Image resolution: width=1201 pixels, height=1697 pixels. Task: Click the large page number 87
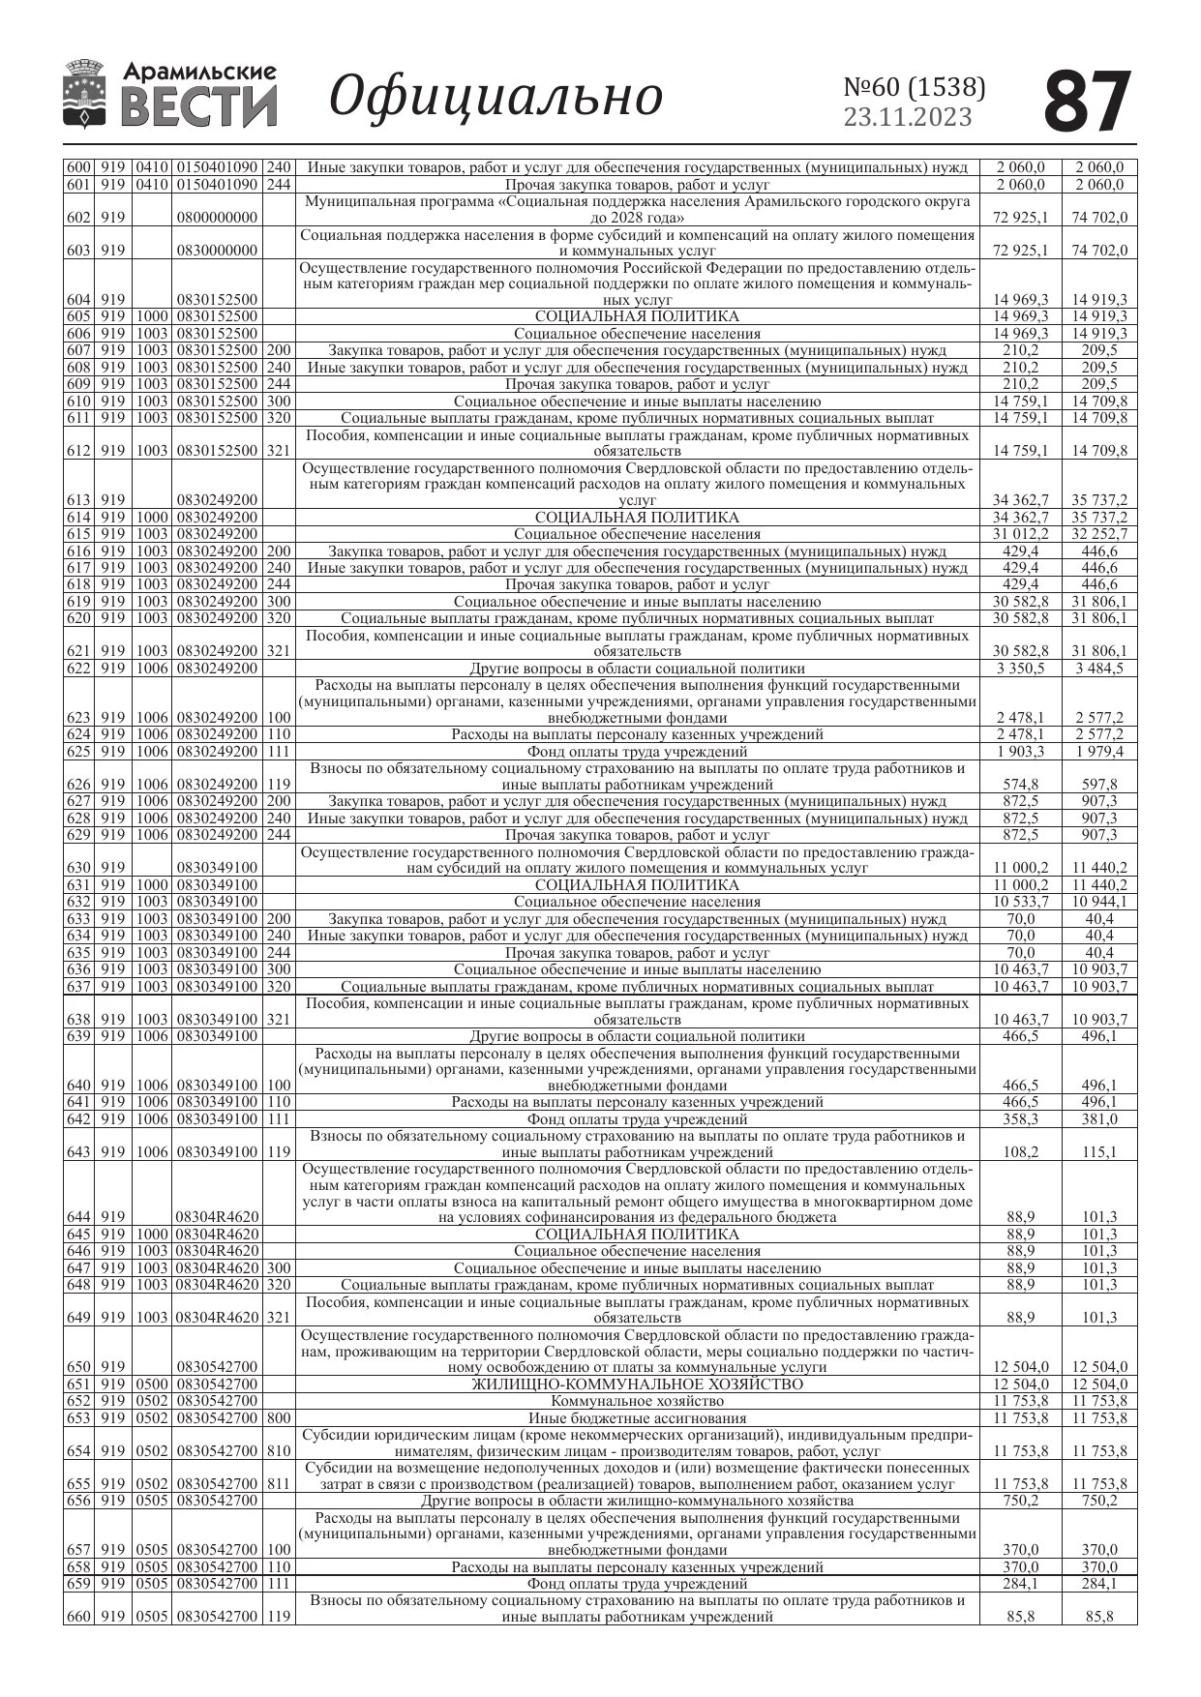click(1088, 101)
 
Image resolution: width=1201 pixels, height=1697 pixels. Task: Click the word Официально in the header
click(495, 97)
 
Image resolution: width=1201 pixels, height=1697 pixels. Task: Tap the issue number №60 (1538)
click(915, 88)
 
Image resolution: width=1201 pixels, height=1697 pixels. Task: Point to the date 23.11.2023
click(908, 118)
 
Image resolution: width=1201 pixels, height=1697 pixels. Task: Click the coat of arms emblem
click(85, 94)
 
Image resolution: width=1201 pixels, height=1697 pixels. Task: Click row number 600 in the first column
click(77, 167)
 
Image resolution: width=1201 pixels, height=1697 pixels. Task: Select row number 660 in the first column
click(77, 1616)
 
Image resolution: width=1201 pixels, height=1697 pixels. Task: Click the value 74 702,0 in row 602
click(1098, 218)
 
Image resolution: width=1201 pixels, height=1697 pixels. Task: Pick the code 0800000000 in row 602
click(217, 218)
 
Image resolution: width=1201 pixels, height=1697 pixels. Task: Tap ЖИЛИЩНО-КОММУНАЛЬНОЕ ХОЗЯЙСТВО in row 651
click(637, 1384)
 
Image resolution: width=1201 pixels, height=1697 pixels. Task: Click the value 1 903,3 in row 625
click(1020, 752)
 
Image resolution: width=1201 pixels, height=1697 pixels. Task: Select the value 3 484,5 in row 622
click(1098, 669)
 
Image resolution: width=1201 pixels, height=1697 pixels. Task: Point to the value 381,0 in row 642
click(1098, 1119)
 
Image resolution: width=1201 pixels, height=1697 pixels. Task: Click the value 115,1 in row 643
click(1098, 1152)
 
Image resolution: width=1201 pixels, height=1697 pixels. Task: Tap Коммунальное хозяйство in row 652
click(637, 1401)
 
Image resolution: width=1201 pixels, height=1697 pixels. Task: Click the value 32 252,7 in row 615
click(1098, 534)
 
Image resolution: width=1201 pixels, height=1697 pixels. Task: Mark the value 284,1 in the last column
click(1098, 1584)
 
